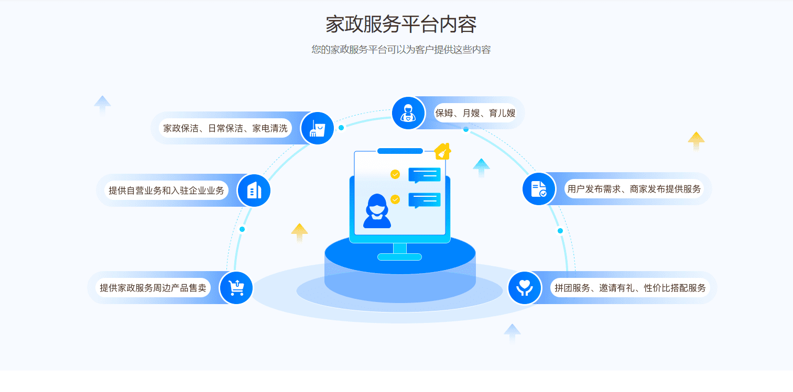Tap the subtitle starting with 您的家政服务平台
400,50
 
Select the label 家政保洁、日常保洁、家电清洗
225,128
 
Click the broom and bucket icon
318,128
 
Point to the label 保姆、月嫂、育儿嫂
475,113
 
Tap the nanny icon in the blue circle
408,113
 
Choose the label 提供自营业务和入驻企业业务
166,191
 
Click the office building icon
254,191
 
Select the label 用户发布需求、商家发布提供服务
634,189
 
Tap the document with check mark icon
539,189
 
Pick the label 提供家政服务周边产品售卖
153,288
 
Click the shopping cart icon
236,288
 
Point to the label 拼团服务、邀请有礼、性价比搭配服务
630,288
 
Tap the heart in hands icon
525,288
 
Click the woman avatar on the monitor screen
377,211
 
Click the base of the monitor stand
399,256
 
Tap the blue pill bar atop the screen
400,151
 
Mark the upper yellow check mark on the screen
395,174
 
